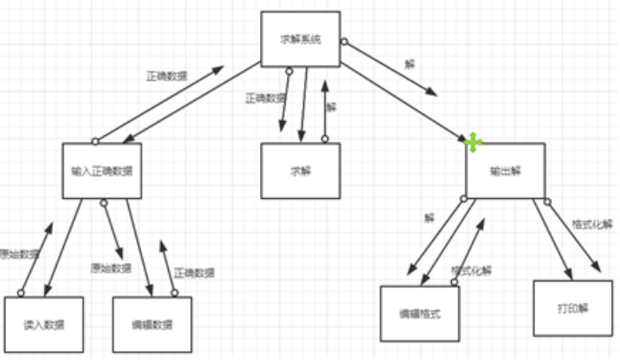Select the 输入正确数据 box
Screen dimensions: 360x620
point(102,169)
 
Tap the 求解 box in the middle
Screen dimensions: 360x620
point(301,170)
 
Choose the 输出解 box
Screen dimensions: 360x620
point(505,170)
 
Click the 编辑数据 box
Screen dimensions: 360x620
point(152,325)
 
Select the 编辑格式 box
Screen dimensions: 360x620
point(420,314)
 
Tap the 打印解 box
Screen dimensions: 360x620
point(572,308)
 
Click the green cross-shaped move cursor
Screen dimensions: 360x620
point(472,142)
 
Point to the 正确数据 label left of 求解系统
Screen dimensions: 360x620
point(166,76)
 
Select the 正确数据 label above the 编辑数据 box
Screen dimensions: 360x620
point(194,272)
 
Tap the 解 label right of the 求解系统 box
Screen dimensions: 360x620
point(409,65)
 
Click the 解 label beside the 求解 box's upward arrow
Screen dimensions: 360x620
point(331,106)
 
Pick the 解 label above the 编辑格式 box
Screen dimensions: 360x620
point(430,217)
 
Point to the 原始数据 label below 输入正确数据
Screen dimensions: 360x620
point(111,267)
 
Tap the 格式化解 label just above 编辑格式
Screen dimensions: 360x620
point(471,270)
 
